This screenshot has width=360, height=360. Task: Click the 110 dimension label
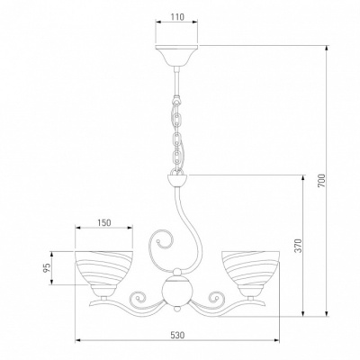click(177, 17)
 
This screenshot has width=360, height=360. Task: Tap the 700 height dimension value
click(321, 181)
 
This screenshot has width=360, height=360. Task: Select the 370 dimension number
click(297, 246)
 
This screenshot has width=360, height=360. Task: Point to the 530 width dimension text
click(177, 335)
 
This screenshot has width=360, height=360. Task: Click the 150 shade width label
click(104, 222)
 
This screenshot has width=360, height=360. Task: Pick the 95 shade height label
click(47, 269)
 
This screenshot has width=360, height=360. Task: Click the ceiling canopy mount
click(177, 57)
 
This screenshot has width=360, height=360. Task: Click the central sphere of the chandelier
click(177, 291)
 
